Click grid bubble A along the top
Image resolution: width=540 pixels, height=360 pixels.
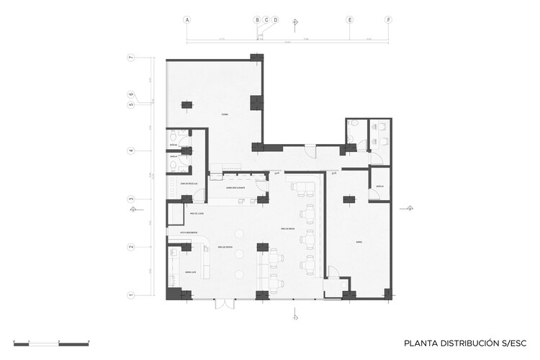[x=186, y=20]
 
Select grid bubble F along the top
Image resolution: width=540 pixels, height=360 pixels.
[x=388, y=20]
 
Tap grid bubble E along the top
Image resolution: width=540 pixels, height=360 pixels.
[x=350, y=20]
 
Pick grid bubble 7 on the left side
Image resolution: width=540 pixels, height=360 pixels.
[x=131, y=58]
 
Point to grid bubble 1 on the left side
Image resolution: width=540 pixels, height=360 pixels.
[x=131, y=294]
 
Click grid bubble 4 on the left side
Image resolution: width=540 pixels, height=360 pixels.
[x=131, y=151]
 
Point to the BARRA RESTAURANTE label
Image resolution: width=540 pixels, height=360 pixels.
[x=236, y=187]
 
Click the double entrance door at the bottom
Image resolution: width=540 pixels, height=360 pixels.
[x=224, y=304]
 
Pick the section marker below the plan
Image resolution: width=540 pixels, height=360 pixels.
[x=295, y=315]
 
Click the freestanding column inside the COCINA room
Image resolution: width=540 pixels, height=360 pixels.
[x=186, y=106]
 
